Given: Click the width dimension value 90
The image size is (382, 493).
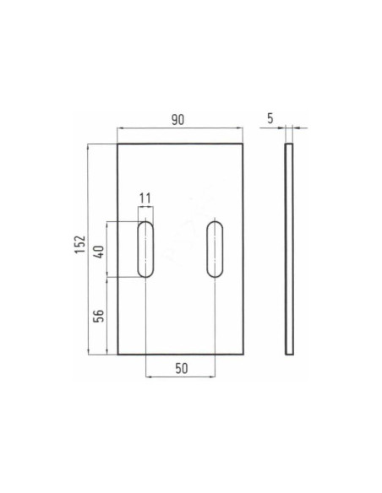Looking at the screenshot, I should tap(179, 120).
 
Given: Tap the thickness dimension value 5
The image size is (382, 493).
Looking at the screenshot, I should tap(270, 119).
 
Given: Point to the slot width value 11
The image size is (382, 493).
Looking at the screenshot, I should tap(145, 198).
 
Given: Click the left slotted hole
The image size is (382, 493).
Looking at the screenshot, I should tap(146, 249).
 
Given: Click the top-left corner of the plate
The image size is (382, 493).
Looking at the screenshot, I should tap(117, 144).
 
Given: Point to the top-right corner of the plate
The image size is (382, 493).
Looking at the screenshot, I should tap(243, 144).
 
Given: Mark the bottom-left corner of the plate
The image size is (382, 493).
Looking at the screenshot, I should tap(117, 355).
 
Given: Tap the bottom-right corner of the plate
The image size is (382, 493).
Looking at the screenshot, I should tap(243, 355).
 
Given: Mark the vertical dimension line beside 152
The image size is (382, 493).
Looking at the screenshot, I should tap(89, 249).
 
